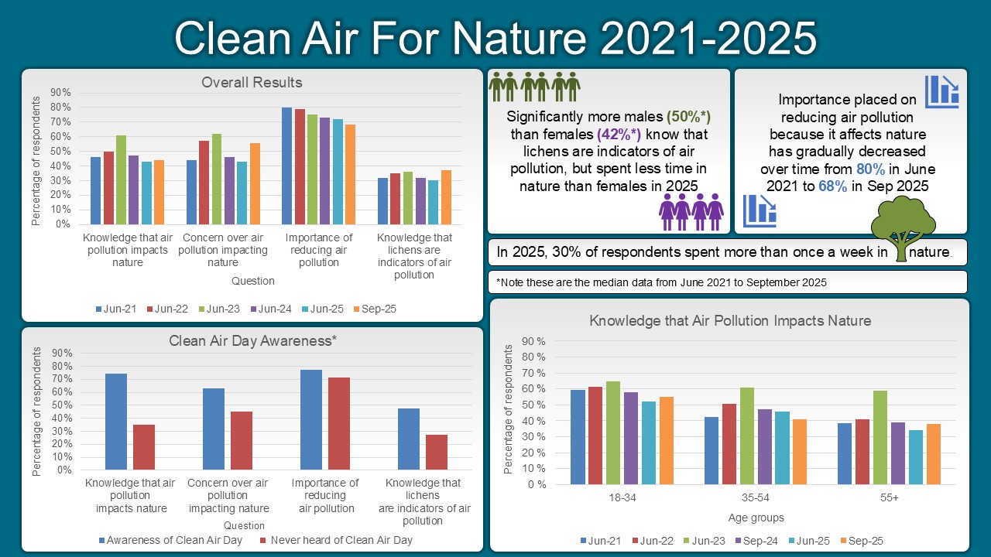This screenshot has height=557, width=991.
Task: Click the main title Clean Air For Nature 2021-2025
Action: [x=495, y=38]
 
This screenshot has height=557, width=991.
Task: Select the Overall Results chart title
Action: [x=252, y=82]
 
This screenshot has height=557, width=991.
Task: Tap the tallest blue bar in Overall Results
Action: [x=286, y=166]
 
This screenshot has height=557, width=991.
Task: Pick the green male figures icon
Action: [x=534, y=87]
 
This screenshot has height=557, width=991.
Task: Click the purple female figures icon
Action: [x=691, y=210]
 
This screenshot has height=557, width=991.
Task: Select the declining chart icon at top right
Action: [x=941, y=91]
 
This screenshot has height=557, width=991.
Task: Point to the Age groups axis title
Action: [x=756, y=518]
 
